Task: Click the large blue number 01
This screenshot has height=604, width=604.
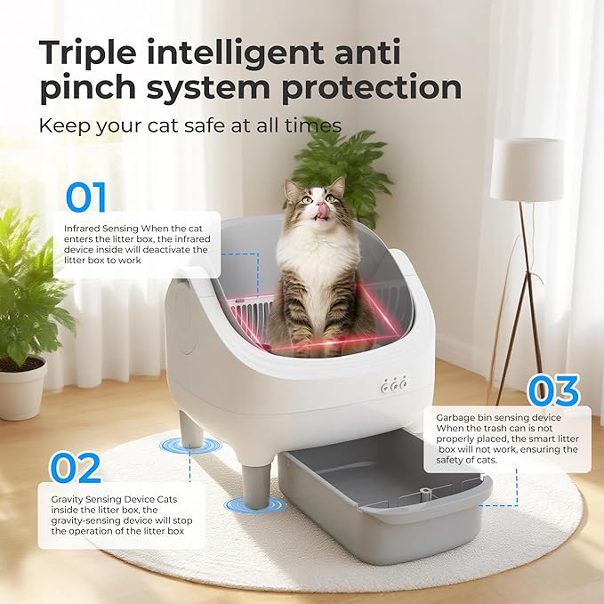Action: pos(85,197)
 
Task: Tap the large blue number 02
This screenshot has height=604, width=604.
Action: pos(75,467)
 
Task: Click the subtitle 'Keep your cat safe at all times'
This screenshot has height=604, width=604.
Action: pos(189,125)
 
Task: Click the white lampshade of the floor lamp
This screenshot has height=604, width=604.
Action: pos(526,168)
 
